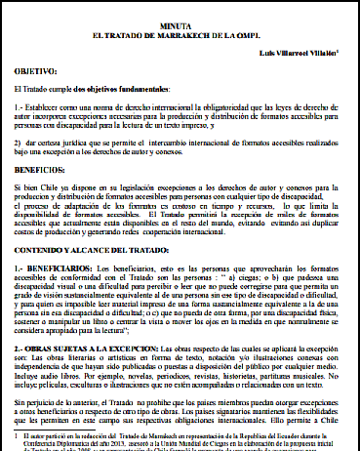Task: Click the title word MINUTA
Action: click(180, 28)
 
